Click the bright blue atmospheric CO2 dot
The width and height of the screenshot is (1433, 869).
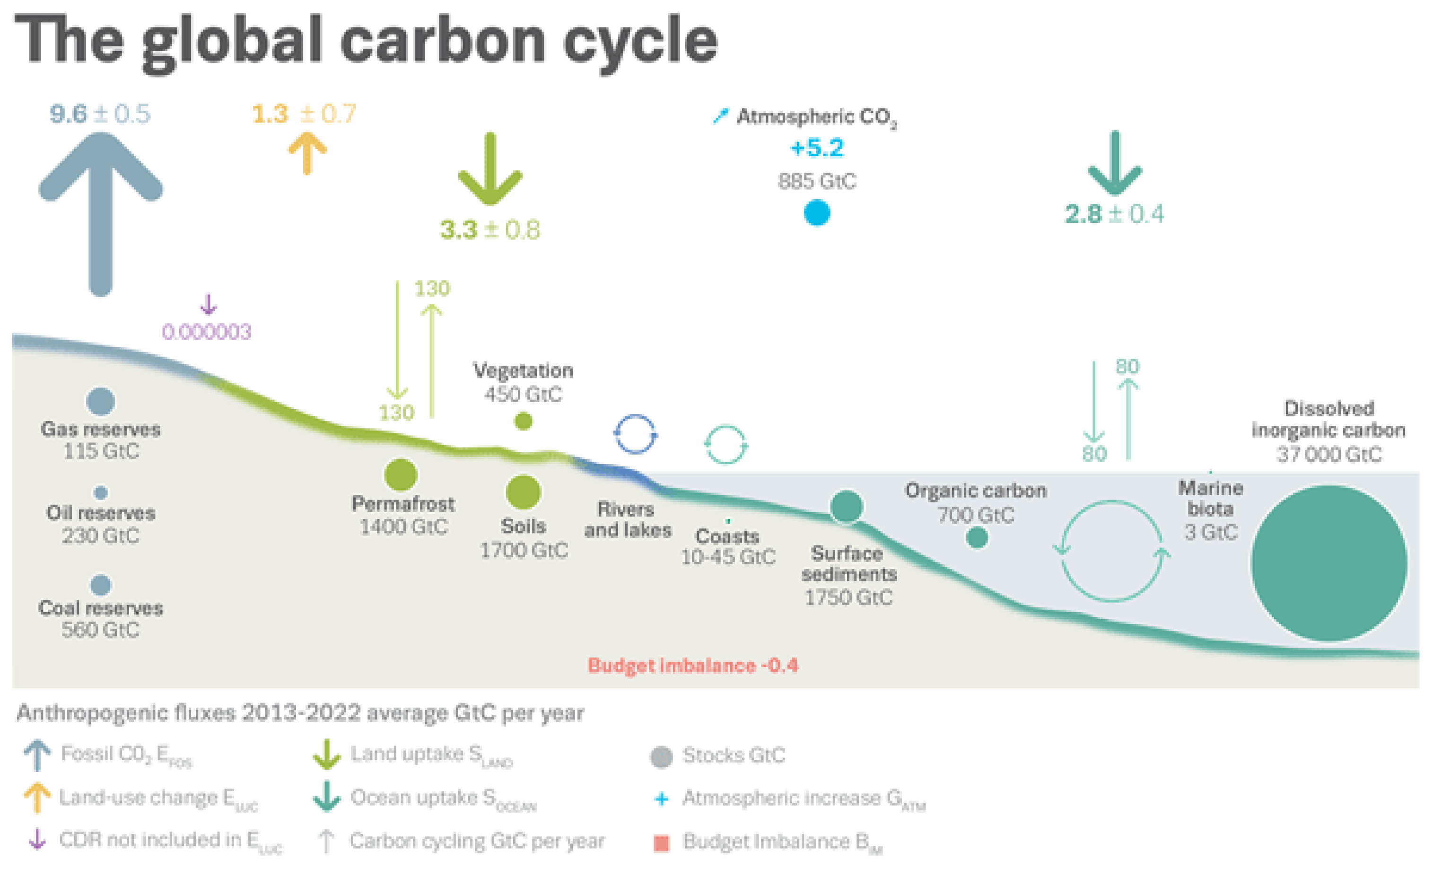coord(817,213)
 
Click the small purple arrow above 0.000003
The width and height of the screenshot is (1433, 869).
coord(208,304)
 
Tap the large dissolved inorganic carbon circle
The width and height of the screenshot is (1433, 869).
coord(1329,563)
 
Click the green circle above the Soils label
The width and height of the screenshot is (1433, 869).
coord(523,492)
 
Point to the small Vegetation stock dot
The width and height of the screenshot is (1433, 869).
coord(524,421)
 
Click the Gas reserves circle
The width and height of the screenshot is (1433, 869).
coord(101,401)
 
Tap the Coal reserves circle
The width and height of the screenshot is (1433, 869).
coord(101,585)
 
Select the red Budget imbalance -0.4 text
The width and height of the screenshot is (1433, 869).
coord(693,665)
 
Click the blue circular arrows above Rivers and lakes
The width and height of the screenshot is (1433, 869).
coord(635,434)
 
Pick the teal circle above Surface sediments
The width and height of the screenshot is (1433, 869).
coord(846,506)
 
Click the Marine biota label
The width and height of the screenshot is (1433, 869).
coord(1210,498)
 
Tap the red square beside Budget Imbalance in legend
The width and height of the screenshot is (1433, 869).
coord(661,842)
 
